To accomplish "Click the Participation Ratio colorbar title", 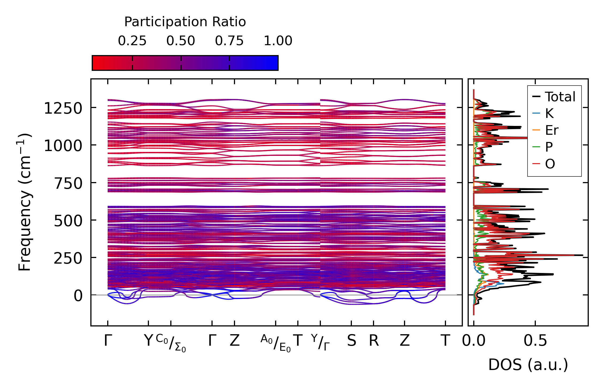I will [185, 22].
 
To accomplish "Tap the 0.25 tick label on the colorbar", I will [132, 41].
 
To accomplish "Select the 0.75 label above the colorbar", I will [229, 41].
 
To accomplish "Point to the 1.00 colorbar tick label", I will [278, 41].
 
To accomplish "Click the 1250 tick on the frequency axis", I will [63, 109].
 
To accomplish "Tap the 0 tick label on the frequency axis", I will [78, 296].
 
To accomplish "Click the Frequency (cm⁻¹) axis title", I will [25, 202].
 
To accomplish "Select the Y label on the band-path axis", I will [148, 341].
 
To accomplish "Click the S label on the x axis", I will [351, 341].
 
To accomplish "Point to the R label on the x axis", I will [374, 341].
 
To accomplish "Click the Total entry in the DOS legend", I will [560, 97].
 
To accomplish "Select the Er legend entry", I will [552, 130].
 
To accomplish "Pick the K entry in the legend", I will [549, 113].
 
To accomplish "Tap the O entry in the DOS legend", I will [550, 164].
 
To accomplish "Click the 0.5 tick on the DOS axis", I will [535, 341].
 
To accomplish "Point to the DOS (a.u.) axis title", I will [528, 365].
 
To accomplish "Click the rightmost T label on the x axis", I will [445, 341].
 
